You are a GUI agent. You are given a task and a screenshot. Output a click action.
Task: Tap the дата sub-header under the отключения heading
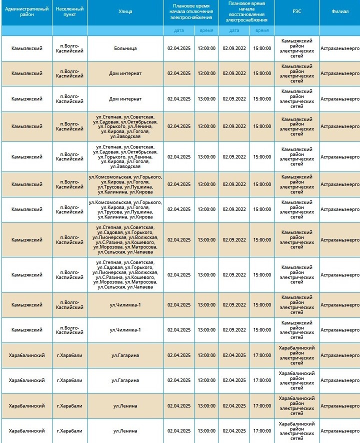click(x=179, y=30)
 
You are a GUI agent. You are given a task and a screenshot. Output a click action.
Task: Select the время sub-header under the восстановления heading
click(x=262, y=30)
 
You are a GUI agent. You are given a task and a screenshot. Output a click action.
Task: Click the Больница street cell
click(x=125, y=48)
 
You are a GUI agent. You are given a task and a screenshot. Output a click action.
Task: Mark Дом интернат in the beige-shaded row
click(x=125, y=73)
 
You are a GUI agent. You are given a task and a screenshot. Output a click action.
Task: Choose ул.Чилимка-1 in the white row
click(x=125, y=330)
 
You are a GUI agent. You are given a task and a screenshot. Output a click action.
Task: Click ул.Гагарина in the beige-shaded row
click(x=125, y=355)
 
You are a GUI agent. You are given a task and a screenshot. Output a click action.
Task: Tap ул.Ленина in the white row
click(x=125, y=430)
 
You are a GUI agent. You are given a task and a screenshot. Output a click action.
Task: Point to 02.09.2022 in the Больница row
click(x=234, y=48)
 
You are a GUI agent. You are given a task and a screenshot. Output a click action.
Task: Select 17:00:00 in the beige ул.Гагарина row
click(x=262, y=355)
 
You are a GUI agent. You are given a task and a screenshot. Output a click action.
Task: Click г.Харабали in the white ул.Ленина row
click(x=69, y=430)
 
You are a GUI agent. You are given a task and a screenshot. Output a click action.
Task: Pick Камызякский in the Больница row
click(x=26, y=48)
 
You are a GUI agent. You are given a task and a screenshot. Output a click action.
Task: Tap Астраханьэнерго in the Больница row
click(x=339, y=48)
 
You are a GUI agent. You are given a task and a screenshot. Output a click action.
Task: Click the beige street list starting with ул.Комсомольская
click(x=125, y=184)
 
